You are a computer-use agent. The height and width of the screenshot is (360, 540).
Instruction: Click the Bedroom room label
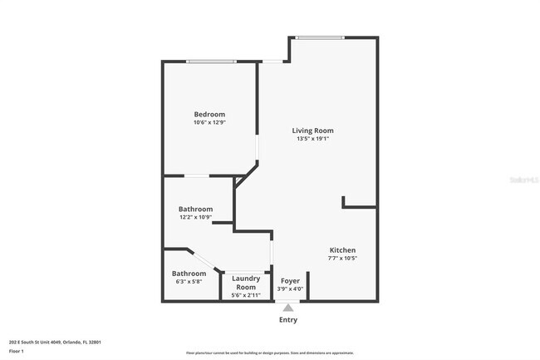[209, 114]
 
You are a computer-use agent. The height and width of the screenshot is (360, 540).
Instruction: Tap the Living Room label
[312, 131]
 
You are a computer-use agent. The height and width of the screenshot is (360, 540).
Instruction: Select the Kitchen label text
[342, 250]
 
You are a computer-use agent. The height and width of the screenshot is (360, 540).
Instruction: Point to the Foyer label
[290, 281]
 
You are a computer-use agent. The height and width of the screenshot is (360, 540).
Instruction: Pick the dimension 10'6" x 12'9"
[209, 122]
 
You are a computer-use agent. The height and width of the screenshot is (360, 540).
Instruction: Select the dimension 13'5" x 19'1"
[312, 139]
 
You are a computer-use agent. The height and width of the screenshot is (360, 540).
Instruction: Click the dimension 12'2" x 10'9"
[195, 217]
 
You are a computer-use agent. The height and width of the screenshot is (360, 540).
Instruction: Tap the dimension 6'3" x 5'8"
[189, 282]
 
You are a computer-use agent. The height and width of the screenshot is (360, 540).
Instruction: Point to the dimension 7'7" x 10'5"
[342, 259]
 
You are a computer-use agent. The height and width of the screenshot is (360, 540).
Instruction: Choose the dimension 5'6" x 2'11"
[246, 295]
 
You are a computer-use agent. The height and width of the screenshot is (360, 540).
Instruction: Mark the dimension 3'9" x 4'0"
[290, 289]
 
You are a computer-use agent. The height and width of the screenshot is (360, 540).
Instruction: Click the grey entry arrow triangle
[288, 307]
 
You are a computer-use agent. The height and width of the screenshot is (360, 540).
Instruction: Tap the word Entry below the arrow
[288, 320]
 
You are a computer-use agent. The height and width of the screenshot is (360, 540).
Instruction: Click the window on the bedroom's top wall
[209, 62]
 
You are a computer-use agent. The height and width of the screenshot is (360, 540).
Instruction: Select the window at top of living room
[320, 37]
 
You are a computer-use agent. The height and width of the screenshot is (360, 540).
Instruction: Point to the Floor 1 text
[17, 352]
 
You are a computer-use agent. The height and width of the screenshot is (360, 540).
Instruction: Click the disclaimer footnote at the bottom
[269, 353]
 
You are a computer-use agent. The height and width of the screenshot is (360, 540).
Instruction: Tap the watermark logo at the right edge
[523, 178]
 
